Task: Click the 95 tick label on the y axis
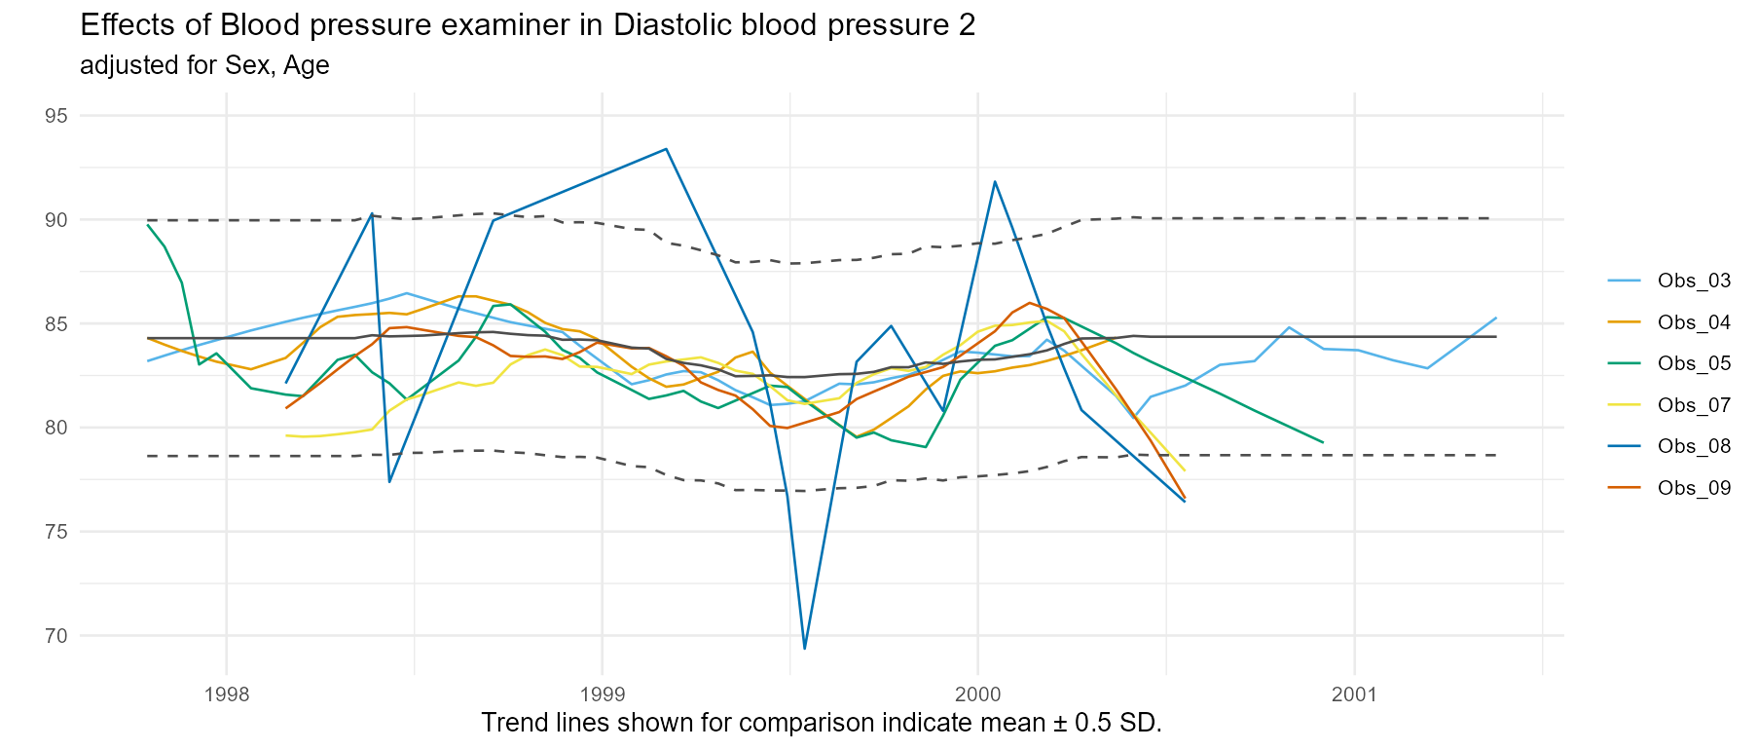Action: coord(55,116)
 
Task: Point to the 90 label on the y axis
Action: coord(55,220)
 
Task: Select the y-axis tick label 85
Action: coord(55,323)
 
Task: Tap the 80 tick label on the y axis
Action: coord(55,428)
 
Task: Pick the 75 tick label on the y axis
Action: coord(55,532)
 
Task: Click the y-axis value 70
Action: coord(55,636)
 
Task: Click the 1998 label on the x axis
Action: coord(227,694)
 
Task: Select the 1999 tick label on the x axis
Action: coord(603,694)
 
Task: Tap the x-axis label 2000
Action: coord(977,694)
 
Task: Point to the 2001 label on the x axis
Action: coord(1354,694)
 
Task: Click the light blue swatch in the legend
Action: coord(1624,281)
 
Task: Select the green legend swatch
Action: coord(1624,363)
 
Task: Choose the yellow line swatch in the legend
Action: coord(1624,404)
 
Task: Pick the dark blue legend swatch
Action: coord(1624,446)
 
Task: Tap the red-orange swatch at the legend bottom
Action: coord(1624,487)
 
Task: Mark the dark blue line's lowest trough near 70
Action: coord(805,648)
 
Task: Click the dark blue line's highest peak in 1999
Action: coord(666,149)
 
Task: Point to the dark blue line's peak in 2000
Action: coord(995,181)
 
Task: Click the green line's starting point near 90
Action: coord(147,224)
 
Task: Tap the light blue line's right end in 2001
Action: coord(1495,318)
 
